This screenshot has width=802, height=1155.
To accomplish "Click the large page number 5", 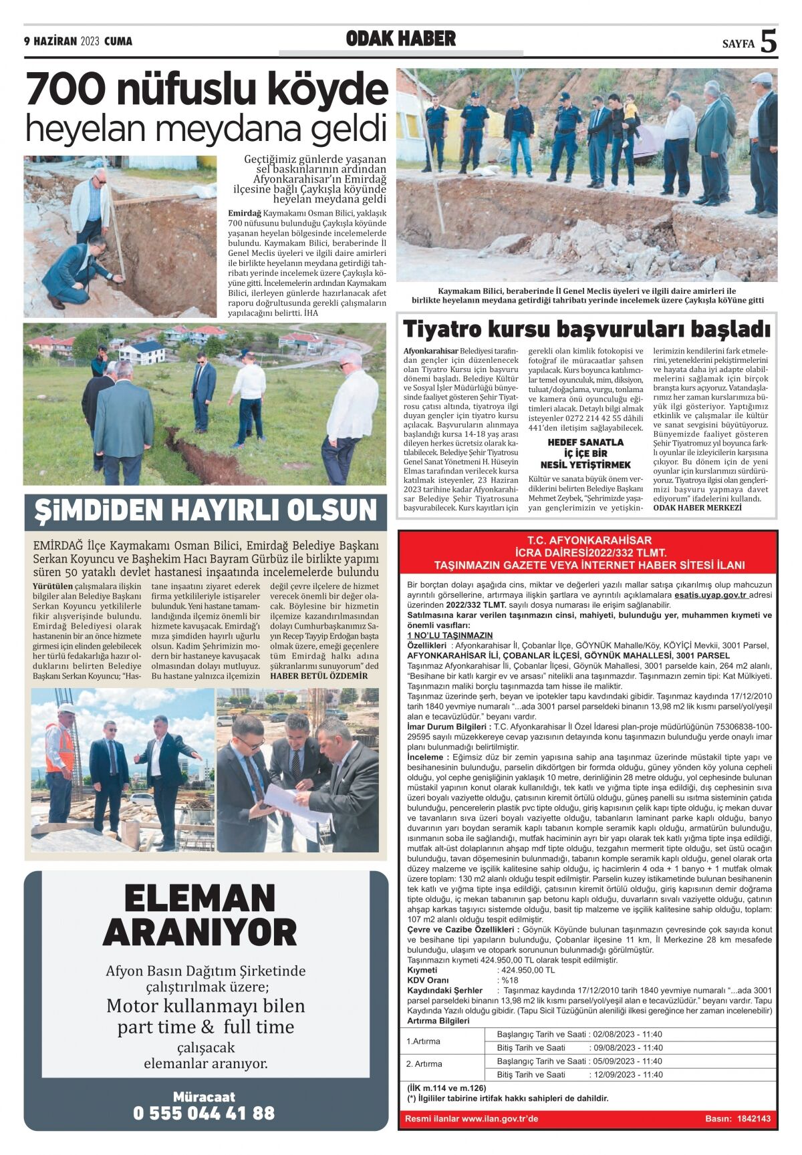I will (769, 41).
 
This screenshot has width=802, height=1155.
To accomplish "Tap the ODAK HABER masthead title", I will (401, 39).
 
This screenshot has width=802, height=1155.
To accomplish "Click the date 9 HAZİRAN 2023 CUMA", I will (78, 41).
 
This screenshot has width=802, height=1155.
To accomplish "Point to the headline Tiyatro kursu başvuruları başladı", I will (586, 329).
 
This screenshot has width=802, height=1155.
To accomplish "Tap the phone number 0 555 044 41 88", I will (204, 1113).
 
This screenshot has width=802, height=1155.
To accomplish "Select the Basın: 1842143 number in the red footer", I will (738, 1118).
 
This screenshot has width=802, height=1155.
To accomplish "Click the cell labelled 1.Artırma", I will (424, 1041).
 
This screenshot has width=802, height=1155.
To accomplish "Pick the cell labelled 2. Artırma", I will (424, 1063).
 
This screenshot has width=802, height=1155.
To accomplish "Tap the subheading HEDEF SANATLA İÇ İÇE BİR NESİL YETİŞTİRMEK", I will (585, 454).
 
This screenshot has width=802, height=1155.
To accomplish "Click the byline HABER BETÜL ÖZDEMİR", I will (319, 675).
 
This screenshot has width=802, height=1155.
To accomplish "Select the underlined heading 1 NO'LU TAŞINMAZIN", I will (450, 635).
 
